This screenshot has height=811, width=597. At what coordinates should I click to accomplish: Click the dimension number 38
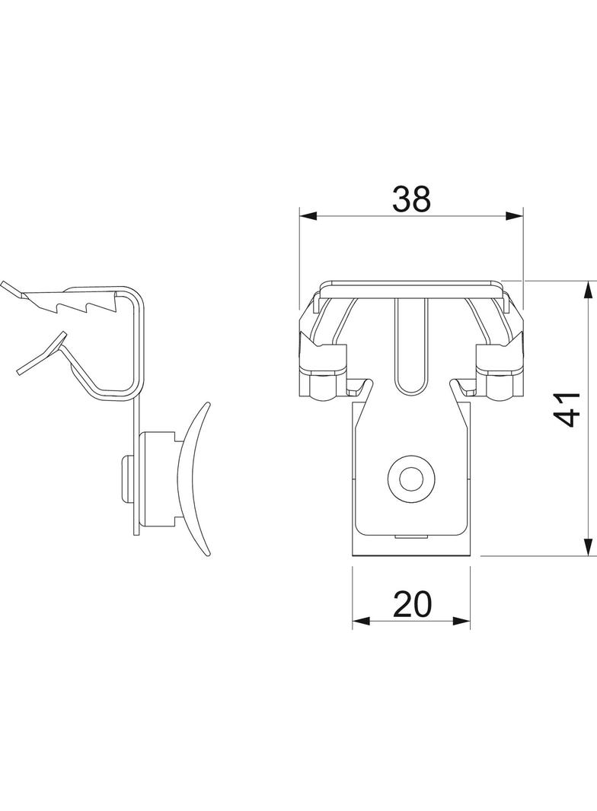[411, 199]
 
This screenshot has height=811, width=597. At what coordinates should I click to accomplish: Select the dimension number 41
[566, 409]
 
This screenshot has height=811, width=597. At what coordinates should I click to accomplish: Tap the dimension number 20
[412, 604]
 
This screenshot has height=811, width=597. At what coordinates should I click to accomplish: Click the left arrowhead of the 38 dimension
[308, 216]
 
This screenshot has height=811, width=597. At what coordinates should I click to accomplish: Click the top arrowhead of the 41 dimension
[588, 290]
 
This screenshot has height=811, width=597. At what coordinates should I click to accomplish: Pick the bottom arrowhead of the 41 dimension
[588, 547]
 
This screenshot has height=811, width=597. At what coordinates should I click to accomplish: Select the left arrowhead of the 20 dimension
[361, 620]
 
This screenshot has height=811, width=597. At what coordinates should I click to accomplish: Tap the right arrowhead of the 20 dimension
[462, 620]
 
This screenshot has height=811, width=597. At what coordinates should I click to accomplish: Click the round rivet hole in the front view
[410, 479]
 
